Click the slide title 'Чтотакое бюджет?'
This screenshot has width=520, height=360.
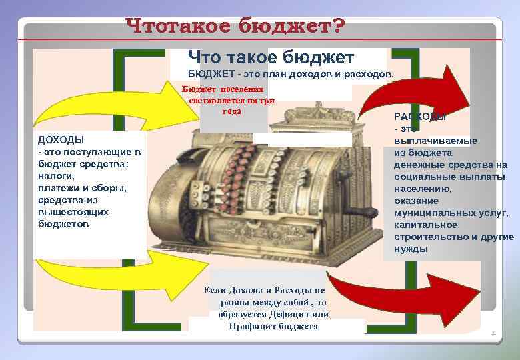[235, 28]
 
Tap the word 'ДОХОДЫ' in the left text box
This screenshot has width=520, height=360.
[61, 140]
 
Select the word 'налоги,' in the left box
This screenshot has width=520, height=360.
[56, 176]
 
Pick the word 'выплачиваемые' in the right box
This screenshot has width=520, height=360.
[435, 141]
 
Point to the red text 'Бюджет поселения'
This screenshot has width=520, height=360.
[223, 89]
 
